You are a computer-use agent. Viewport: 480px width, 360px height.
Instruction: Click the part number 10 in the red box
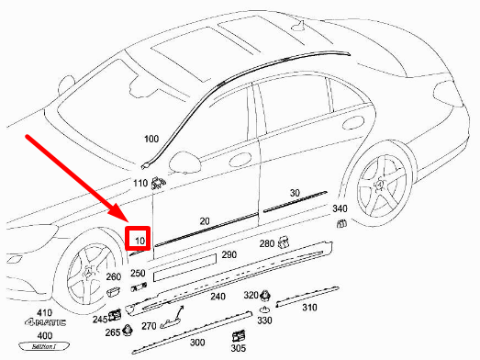coord(140,241)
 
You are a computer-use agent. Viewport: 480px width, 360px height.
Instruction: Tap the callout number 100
coord(151,139)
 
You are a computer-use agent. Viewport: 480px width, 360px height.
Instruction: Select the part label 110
coord(140,183)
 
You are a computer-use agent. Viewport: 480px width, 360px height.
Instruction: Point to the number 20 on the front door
coord(205,221)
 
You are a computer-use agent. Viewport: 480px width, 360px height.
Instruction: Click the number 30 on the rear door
coord(295,194)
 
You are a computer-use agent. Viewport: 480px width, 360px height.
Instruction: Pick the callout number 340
coord(340,209)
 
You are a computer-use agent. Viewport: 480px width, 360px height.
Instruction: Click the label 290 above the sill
coord(229,253)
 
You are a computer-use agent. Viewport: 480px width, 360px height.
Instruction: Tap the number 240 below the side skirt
coord(218,297)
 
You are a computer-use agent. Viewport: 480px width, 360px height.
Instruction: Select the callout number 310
coord(309,308)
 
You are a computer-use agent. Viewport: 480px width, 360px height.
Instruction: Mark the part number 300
coord(196,342)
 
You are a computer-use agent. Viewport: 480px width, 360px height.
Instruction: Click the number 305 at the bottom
coord(238,348)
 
